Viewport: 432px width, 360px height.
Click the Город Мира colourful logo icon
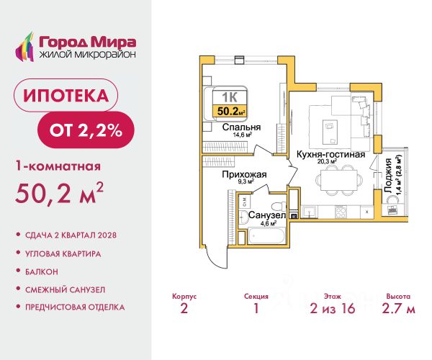24,46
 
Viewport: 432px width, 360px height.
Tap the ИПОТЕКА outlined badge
66,95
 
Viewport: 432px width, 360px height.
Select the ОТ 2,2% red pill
86,130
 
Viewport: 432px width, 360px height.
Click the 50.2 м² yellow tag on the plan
230,112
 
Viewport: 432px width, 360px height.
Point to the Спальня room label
241,127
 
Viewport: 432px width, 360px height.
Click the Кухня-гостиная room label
330,155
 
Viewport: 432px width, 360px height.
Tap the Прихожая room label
244,175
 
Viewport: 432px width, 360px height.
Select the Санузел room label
267,215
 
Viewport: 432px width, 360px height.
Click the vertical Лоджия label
388,175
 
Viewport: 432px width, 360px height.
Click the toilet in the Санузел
278,206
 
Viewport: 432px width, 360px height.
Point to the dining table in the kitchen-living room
339,180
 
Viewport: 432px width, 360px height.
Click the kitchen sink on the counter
310,212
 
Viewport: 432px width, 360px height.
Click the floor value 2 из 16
333,308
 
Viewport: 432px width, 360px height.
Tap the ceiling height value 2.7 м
398,308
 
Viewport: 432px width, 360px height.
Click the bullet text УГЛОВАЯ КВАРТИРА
63,253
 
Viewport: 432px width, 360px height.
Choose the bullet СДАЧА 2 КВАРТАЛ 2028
71,235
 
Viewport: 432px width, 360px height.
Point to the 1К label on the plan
230,97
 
